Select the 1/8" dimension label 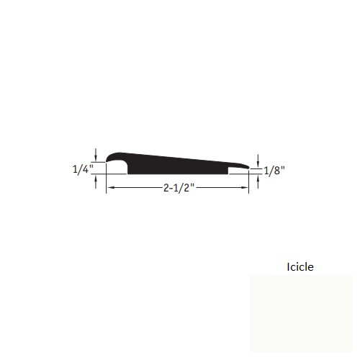[x=275, y=171]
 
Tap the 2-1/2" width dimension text [x=177, y=188]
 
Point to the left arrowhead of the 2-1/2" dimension [x=110, y=188]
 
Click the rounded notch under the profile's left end [x=118, y=168]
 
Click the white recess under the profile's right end [x=238, y=171]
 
